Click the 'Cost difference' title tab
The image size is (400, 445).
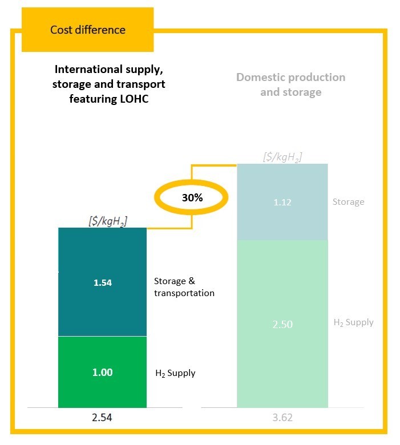point(87,30)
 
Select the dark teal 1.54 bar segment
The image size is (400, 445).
point(103,282)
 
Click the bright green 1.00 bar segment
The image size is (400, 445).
point(103,372)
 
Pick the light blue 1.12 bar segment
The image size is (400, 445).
point(282,202)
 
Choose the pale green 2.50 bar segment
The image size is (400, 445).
point(282,324)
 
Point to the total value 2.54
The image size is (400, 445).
point(103,417)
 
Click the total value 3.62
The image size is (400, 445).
point(282,417)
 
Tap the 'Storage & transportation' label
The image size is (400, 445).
point(184,287)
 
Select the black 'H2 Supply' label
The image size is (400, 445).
point(175,373)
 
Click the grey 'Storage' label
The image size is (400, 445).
point(348,202)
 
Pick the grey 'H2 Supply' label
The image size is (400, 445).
point(353,322)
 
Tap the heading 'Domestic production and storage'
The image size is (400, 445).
point(291,84)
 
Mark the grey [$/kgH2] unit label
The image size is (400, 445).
point(282,156)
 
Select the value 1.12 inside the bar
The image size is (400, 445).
point(282,202)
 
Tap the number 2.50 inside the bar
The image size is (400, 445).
point(282,324)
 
